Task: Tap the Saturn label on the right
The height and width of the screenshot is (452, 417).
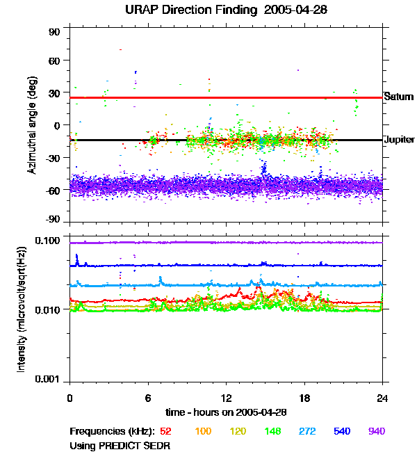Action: tap(398, 97)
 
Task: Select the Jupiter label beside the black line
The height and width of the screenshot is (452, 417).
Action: tap(399, 140)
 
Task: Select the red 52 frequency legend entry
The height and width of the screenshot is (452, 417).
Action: tap(166, 431)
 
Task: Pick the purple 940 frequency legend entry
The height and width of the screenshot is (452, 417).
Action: tap(376, 431)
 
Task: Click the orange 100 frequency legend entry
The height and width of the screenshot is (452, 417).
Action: tap(203, 431)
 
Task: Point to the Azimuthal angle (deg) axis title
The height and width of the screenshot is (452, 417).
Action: tap(31, 125)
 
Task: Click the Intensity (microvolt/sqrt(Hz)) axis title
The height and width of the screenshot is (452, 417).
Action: tap(22, 309)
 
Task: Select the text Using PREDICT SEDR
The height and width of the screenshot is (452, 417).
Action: tap(120, 444)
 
